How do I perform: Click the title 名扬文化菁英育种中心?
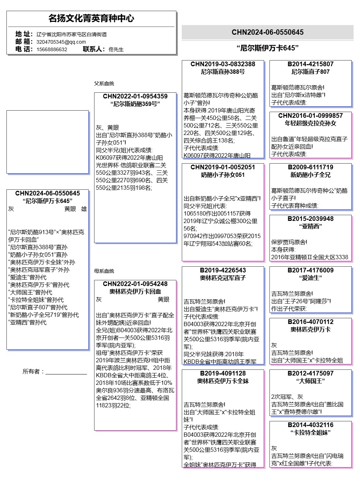tap(91, 18)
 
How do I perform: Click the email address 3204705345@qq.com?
tap(61, 42)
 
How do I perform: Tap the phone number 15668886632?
tap(52, 49)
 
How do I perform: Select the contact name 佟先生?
tap(116, 49)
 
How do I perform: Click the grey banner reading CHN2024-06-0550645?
tap(267, 32)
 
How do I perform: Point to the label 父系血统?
tap(104, 83)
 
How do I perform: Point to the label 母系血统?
tap(104, 271)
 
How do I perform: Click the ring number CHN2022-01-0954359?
tap(135, 96)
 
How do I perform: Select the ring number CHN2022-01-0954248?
tap(135, 284)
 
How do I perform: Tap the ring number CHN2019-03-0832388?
tap(223, 64)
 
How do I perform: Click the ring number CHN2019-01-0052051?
tap(223, 167)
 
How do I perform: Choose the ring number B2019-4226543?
tap(223, 270)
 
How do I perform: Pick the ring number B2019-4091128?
tap(223, 373)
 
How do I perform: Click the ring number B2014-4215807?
tap(310, 64)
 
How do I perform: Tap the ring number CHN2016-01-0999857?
tap(310, 116)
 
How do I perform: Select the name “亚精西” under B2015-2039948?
tap(310, 226)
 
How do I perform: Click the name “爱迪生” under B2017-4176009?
tap(310, 278)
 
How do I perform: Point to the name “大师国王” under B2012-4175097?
tap(310, 381)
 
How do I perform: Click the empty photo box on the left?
tap(47, 142)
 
